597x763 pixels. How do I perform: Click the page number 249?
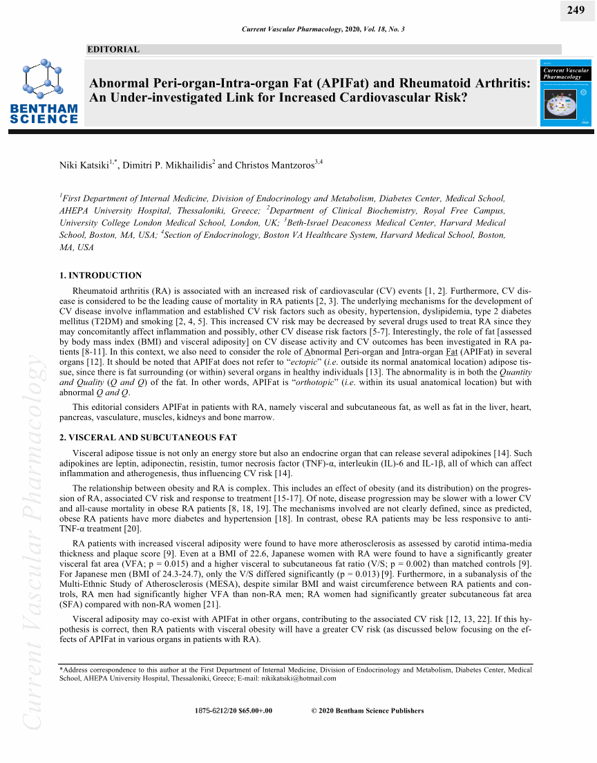tap(576, 10)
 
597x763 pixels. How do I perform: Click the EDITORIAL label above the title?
tap(114, 50)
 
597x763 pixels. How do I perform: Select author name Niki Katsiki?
tap(86, 165)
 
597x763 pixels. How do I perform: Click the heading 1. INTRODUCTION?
tap(101, 275)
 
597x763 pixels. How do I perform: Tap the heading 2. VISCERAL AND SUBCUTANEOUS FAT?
tap(148, 437)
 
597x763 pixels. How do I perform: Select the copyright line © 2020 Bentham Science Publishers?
tap(368, 710)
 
